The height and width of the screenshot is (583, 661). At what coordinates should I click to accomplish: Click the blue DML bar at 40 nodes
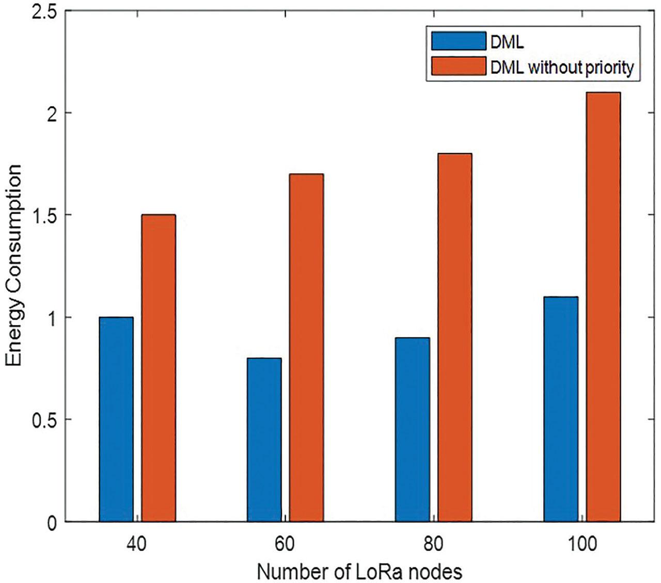[116, 419]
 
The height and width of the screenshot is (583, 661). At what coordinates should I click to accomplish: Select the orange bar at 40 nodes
[159, 368]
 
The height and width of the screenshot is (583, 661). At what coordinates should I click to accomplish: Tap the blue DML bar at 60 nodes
[264, 440]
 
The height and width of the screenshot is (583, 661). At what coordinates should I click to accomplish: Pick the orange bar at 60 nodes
[306, 347]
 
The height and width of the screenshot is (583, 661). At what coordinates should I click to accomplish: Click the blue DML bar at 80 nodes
[412, 429]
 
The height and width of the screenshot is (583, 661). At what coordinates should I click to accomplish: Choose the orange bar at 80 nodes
[454, 337]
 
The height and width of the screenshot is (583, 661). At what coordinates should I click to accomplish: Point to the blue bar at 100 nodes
[560, 409]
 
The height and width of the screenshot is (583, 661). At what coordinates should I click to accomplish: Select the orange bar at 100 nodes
[603, 307]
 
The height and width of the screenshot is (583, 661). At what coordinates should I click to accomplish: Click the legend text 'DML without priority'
[561, 68]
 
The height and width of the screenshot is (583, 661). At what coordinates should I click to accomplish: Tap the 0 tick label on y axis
[51, 522]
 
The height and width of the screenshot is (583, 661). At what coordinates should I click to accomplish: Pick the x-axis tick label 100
[581, 545]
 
